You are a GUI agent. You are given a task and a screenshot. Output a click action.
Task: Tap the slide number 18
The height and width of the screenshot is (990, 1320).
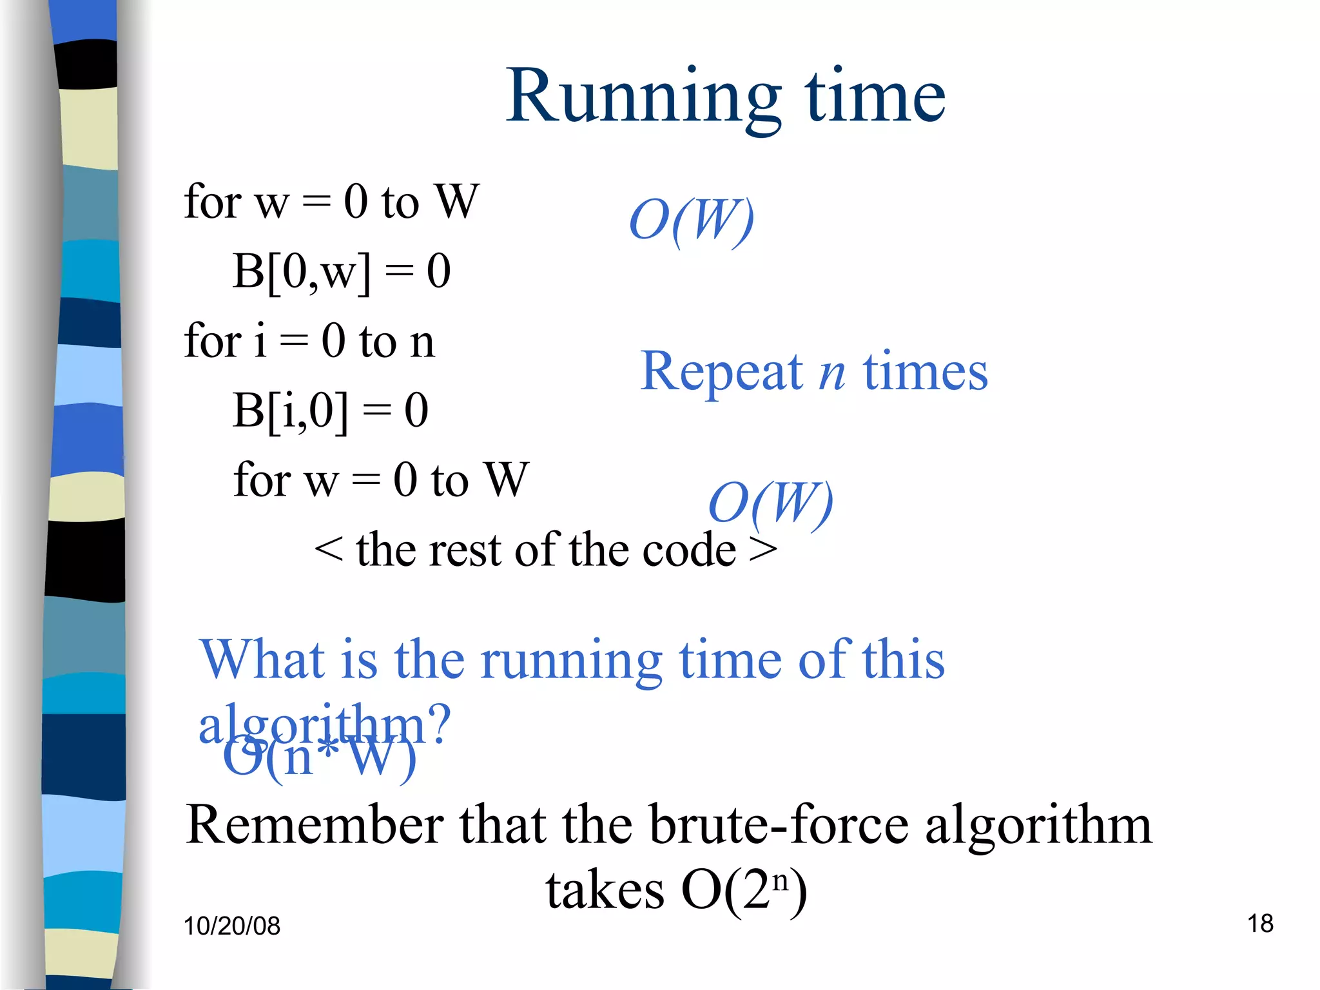pyautogui.click(x=1260, y=923)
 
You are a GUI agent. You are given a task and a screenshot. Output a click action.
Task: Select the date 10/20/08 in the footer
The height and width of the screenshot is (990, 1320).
pyautogui.click(x=232, y=926)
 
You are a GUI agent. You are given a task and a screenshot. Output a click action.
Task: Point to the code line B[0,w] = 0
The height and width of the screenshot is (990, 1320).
pyautogui.click(x=342, y=271)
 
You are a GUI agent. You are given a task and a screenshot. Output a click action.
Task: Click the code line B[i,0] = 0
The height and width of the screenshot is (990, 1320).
pyautogui.click(x=330, y=410)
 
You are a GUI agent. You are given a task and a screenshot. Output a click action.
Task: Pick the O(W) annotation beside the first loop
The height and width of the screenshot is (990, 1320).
pyautogui.click(x=692, y=220)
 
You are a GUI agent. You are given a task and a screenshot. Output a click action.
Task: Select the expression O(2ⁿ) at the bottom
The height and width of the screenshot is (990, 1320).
pyautogui.click(x=744, y=891)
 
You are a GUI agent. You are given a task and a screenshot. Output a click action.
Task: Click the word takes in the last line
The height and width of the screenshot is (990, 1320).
pyautogui.click(x=605, y=891)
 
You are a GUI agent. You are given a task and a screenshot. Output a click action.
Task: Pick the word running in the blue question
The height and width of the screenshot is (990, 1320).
pyautogui.click(x=571, y=661)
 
